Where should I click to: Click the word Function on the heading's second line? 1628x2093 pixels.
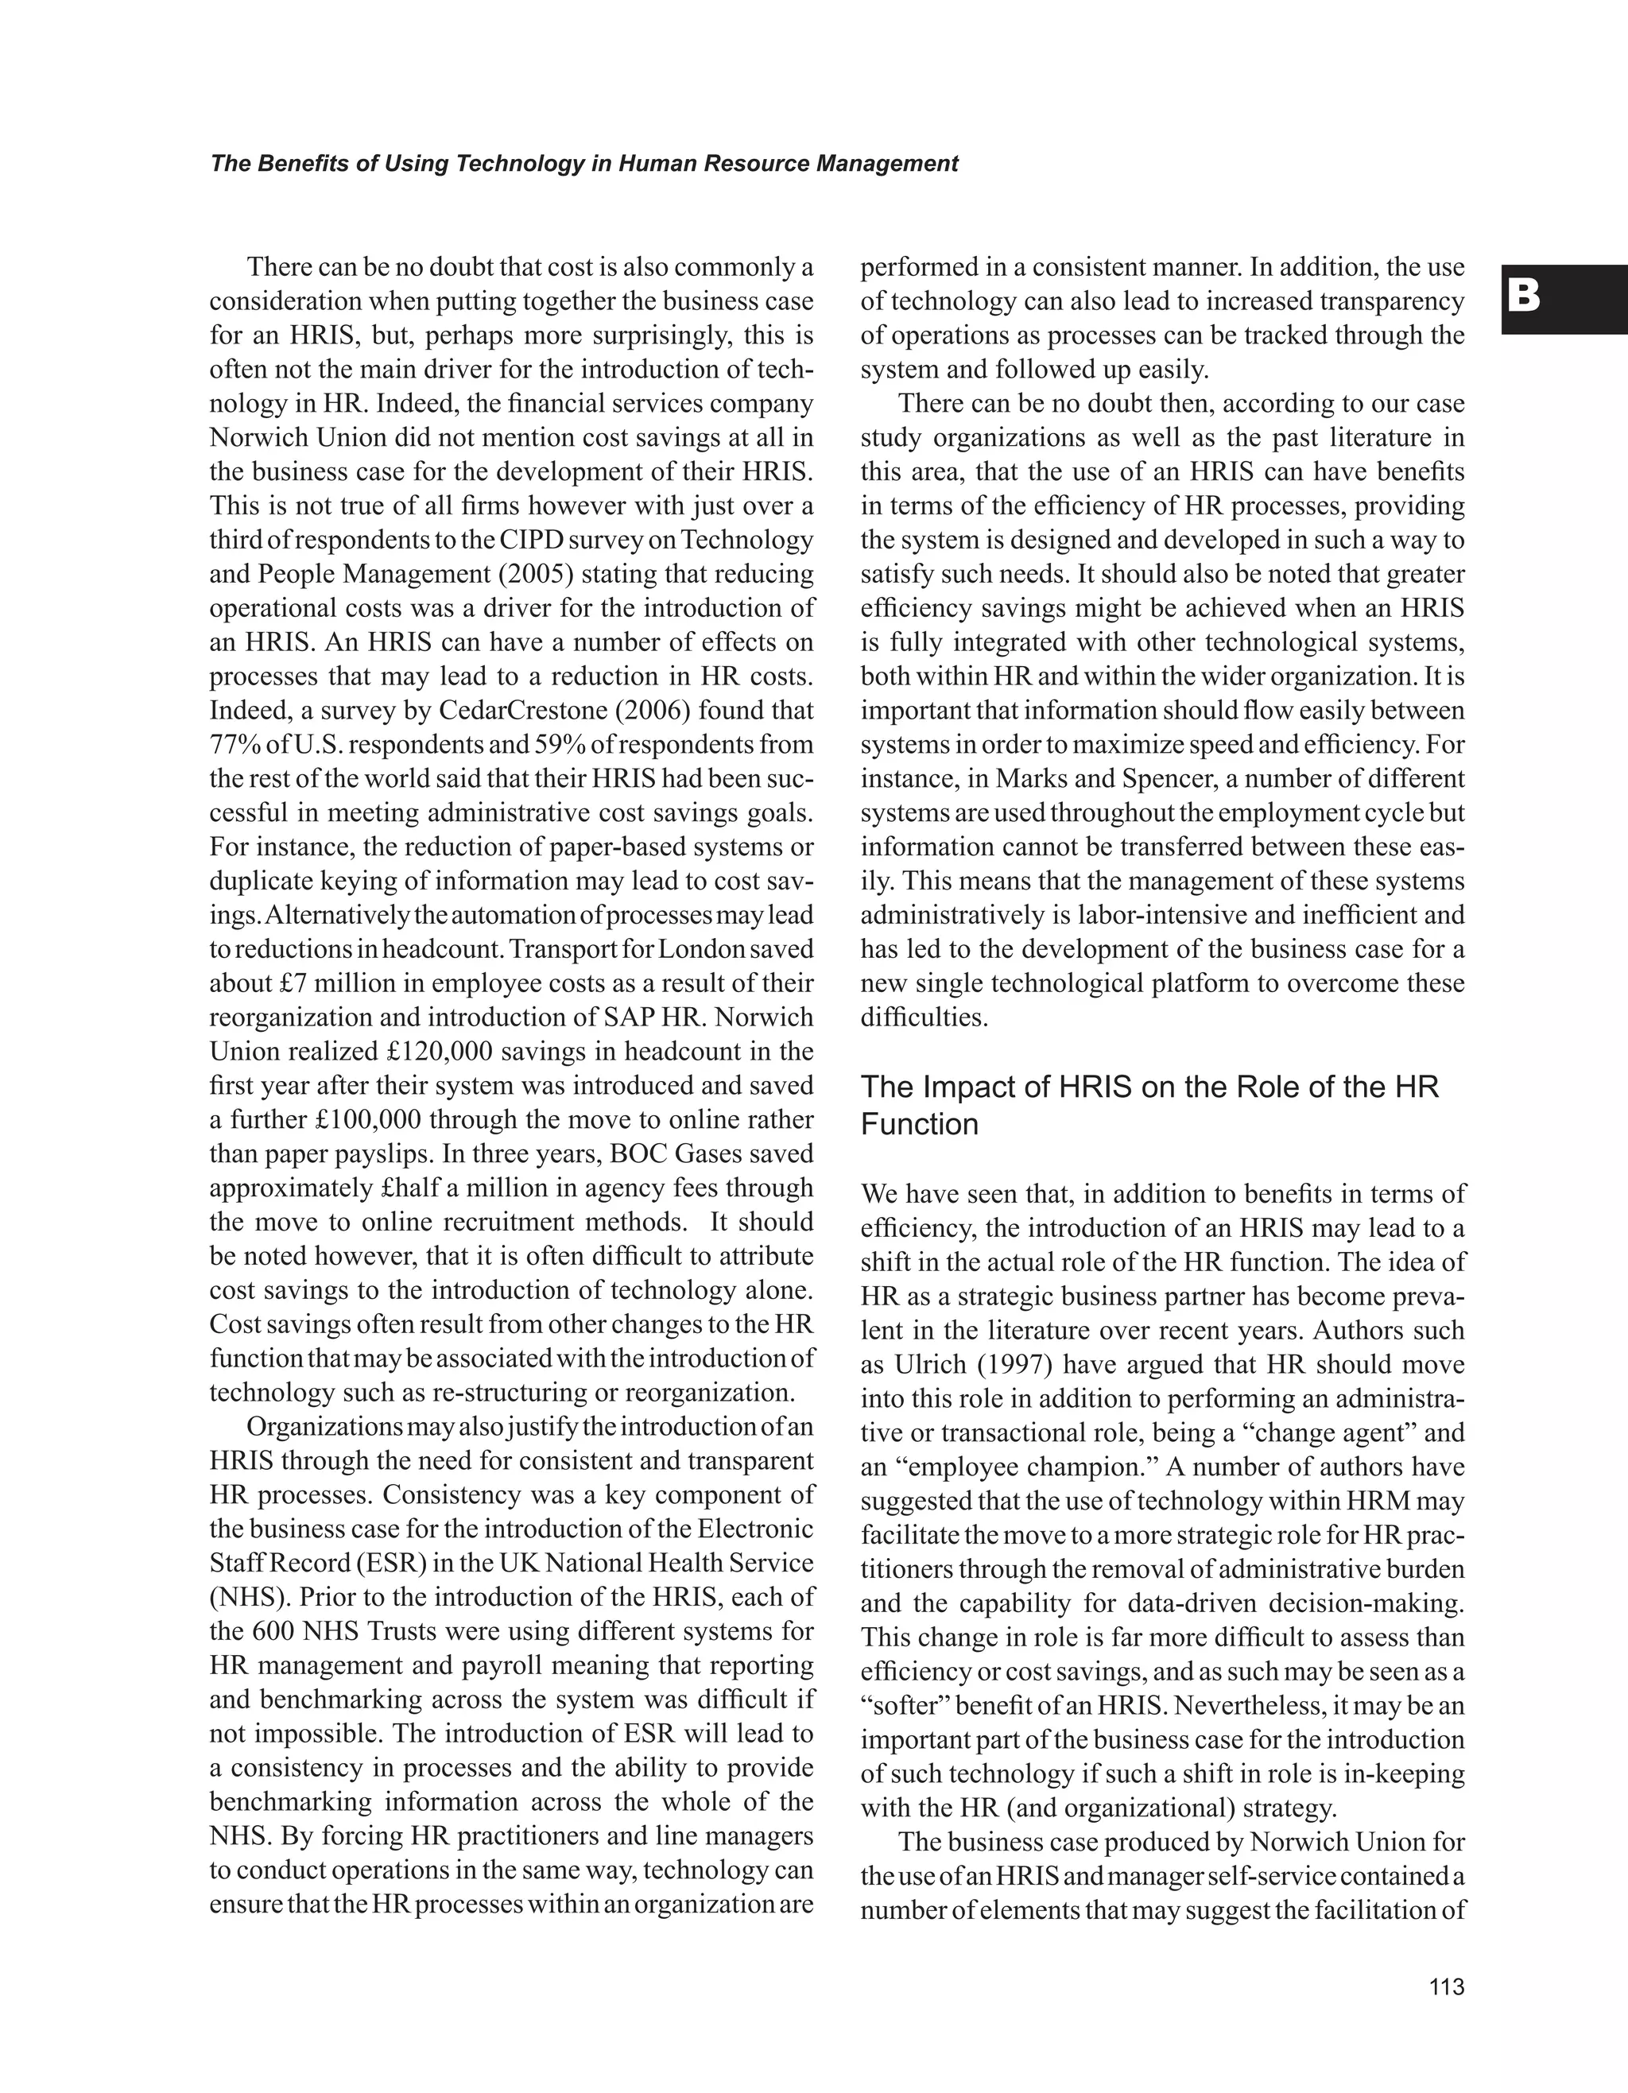click(x=919, y=1124)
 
